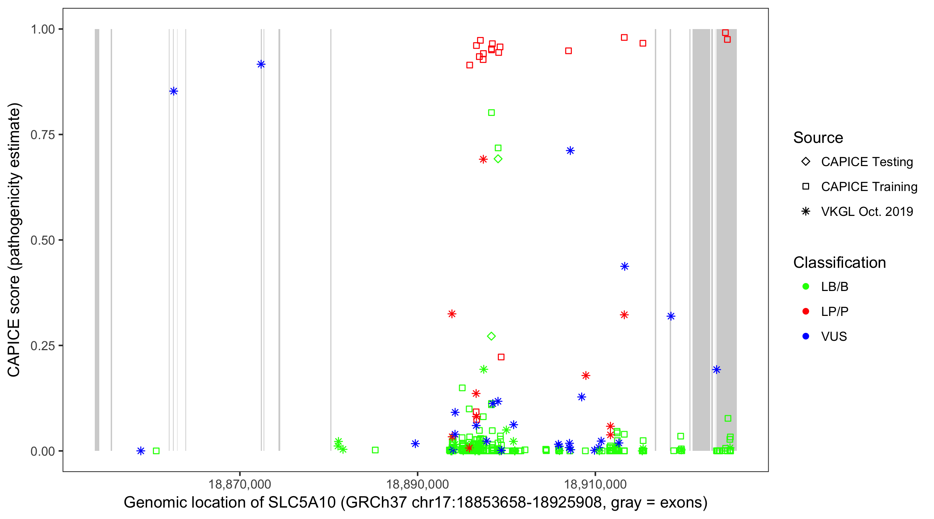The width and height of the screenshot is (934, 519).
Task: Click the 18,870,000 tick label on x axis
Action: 240,484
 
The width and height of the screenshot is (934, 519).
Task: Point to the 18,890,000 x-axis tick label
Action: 417,484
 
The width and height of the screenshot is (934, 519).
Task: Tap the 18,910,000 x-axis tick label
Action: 595,484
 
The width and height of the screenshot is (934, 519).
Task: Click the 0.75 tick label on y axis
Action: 43,135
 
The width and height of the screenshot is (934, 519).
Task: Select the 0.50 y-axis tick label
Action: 43,240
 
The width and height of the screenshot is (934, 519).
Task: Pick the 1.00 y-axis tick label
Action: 43,29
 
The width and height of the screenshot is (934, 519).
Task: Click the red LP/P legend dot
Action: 806,311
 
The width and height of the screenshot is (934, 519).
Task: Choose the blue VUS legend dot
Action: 806,336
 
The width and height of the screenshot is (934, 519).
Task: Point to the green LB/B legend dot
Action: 806,286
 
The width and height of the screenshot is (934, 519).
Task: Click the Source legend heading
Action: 818,138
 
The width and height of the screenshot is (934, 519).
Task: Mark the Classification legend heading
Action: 839,263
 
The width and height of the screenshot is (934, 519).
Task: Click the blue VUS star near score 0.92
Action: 261,65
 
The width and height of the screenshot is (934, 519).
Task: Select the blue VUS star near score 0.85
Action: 174,91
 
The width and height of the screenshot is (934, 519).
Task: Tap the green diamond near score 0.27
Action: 491,336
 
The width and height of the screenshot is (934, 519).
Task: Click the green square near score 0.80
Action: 491,113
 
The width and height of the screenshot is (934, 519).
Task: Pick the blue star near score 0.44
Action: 624,266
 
